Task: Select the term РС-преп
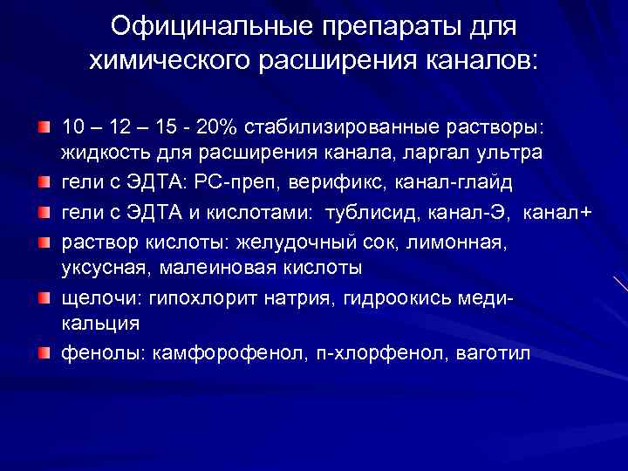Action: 229,184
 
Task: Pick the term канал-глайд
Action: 445,184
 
